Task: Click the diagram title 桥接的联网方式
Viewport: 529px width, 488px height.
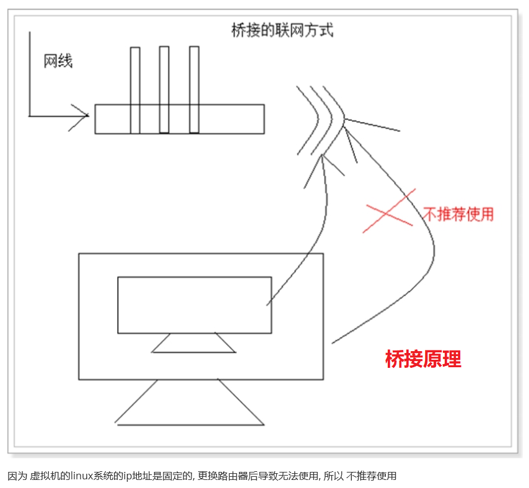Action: point(282,31)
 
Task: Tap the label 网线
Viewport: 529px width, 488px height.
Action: point(58,61)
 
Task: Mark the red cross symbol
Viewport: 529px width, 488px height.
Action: point(388,212)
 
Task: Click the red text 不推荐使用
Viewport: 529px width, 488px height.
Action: point(458,214)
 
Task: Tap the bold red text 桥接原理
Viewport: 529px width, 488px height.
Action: point(423,359)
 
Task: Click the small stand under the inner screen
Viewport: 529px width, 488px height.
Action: point(194,344)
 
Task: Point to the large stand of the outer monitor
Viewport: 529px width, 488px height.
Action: point(190,406)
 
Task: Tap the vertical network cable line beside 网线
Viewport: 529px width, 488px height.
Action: point(29,74)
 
